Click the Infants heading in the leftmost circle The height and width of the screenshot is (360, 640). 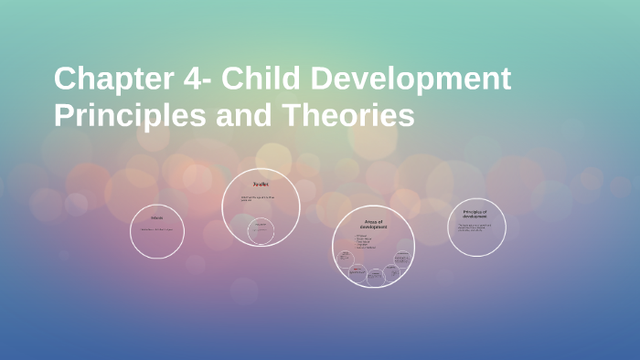coord(156,218)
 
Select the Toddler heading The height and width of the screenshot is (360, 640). coord(261,185)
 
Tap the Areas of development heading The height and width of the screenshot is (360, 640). coord(373,224)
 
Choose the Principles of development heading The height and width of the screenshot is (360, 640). coord(476,215)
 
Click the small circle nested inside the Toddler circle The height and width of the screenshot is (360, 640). coord(261,230)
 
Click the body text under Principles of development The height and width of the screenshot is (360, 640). coord(477,228)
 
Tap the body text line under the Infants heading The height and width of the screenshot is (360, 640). coord(156,229)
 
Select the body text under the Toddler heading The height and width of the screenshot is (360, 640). coord(258,198)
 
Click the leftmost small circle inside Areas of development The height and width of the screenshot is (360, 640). coord(346,257)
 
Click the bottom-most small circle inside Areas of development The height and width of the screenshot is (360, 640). coord(374,275)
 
